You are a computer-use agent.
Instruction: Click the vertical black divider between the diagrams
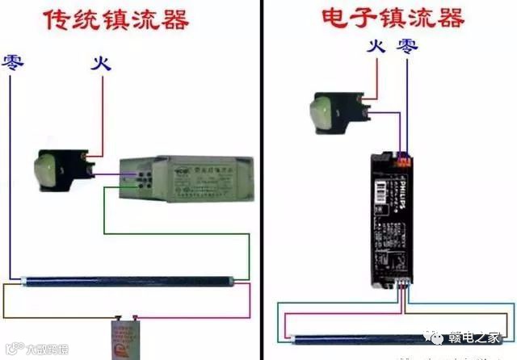[263, 178]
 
